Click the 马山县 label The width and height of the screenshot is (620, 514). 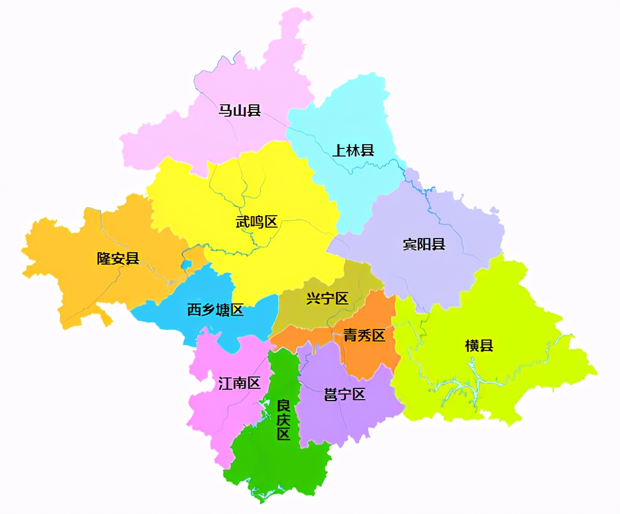tap(240, 110)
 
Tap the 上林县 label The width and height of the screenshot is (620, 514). tap(353, 150)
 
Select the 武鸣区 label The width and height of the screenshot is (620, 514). tap(257, 221)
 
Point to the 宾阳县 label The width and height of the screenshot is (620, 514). tap(424, 244)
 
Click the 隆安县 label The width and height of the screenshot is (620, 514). tap(119, 258)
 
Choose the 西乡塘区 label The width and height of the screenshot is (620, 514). tap(216, 310)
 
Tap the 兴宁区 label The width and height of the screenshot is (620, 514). tap(328, 298)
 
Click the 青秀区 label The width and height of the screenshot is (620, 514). tap(365, 335)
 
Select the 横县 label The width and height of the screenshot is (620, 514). tap(479, 345)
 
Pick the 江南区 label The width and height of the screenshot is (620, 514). tap(240, 383)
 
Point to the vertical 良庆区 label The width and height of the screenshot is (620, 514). tap(283, 420)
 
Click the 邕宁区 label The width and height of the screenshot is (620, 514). tap(345, 394)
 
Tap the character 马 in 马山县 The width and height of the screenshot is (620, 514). tap(226, 110)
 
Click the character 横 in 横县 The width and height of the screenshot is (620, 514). tap(472, 345)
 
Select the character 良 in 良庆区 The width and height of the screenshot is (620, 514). tap(283, 406)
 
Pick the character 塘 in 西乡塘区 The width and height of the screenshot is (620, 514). tap(223, 310)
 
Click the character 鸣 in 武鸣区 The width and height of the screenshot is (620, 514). tap(257, 221)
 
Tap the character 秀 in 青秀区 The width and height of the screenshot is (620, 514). tap(365, 335)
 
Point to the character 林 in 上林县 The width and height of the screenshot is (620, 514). tap(353, 150)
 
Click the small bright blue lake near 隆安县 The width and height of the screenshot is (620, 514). tap(186, 265)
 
